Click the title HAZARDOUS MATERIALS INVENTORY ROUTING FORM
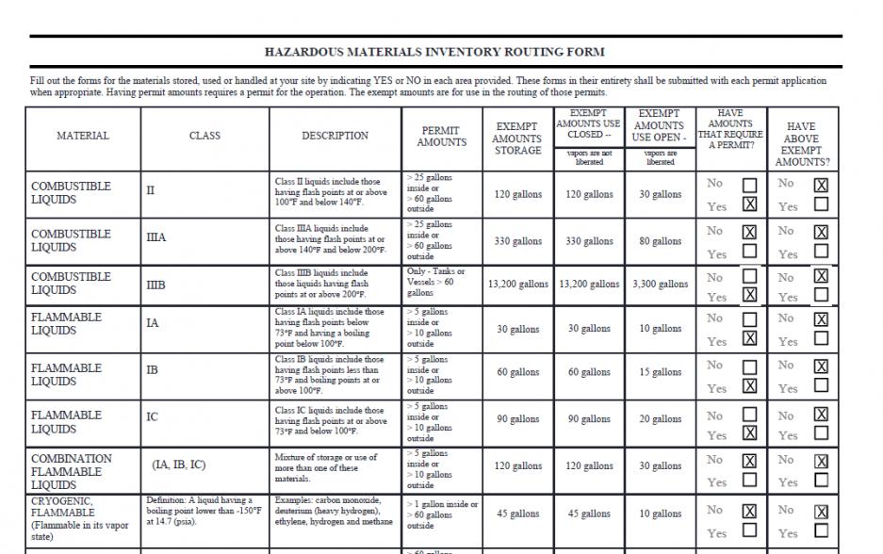click(x=434, y=52)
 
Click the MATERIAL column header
click(x=83, y=136)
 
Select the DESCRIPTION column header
click(x=335, y=136)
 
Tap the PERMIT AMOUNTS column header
click(x=442, y=136)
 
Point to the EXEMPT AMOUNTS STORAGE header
click(x=518, y=138)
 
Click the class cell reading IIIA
click(x=156, y=237)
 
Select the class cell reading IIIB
click(x=156, y=281)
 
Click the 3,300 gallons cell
click(x=660, y=284)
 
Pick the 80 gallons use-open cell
click(x=660, y=241)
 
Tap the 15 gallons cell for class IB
click(x=660, y=372)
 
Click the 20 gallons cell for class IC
click(x=660, y=419)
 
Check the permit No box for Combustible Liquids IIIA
click(x=749, y=231)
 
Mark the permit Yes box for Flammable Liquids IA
click(x=749, y=338)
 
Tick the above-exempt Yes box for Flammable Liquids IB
click(x=821, y=385)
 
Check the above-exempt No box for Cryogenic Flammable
click(x=821, y=512)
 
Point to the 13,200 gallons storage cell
click(x=518, y=284)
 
